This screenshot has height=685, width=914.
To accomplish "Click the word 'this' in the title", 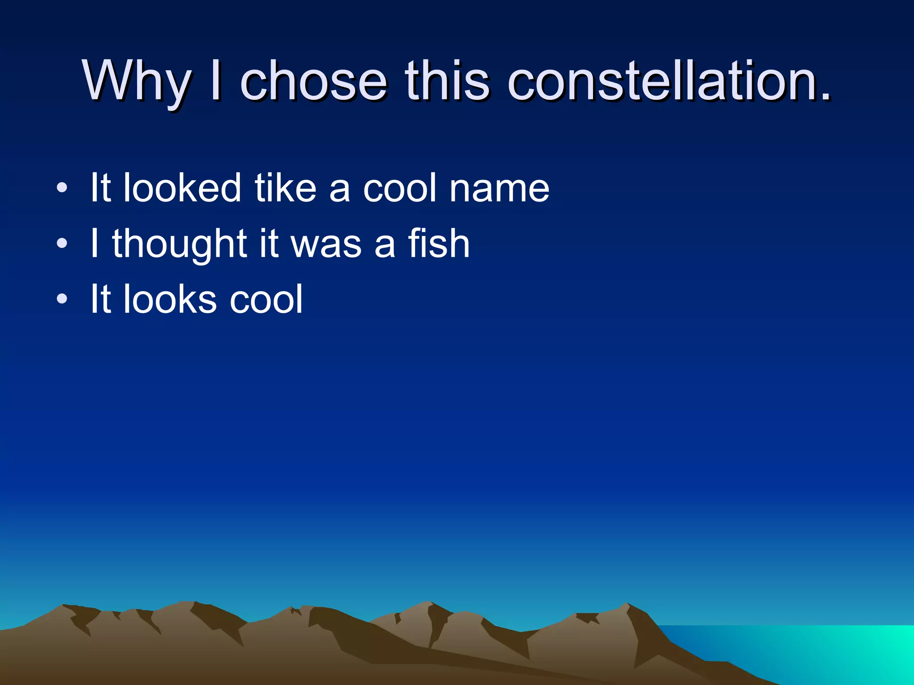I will click(x=448, y=82).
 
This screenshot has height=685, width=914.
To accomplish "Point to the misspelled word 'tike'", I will click(x=286, y=188).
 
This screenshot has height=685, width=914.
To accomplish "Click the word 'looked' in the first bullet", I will click(x=182, y=188).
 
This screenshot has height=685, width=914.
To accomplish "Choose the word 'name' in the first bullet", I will click(x=499, y=189).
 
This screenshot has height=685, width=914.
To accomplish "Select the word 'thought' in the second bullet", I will click(x=180, y=244).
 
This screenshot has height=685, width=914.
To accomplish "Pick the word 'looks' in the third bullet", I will click(x=170, y=299).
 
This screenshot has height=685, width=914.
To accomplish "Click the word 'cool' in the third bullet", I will click(x=266, y=299).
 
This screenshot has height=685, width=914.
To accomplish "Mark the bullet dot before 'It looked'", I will click(x=62, y=188).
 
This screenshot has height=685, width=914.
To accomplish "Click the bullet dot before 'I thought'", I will click(x=62, y=243).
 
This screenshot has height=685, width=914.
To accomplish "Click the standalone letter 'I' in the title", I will click(x=216, y=82).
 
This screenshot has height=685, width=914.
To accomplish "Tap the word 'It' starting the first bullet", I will click(x=100, y=188).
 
